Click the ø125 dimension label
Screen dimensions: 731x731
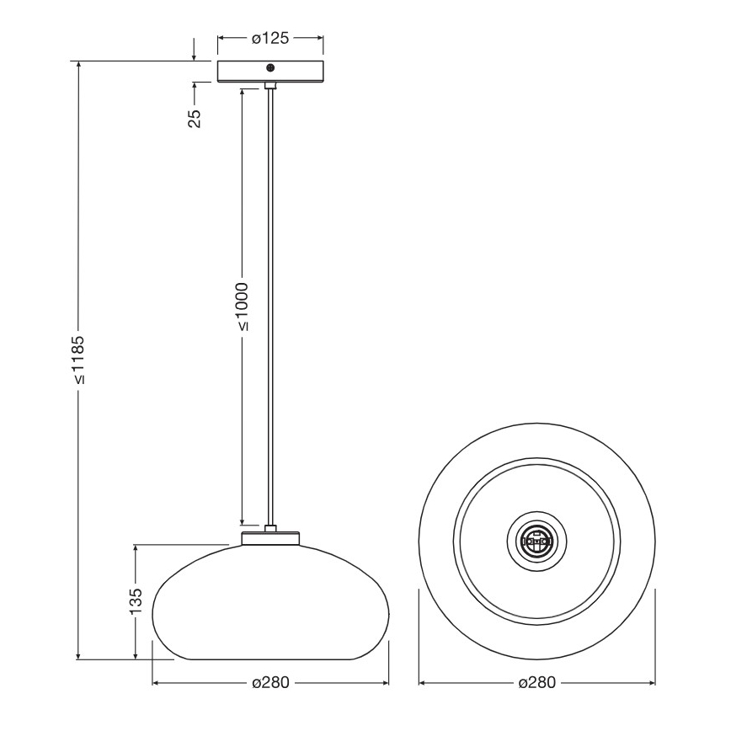tap(270, 38)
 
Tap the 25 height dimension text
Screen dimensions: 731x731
tap(194, 118)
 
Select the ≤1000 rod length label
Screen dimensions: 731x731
tap(243, 306)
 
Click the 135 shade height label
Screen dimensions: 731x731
tap(136, 602)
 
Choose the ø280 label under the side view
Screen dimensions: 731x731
tap(270, 682)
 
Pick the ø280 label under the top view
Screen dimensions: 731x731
tap(536, 682)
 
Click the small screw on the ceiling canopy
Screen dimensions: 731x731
tap(270, 68)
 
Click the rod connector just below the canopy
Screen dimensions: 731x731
tap(270, 86)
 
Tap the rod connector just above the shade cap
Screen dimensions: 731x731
tap(270, 528)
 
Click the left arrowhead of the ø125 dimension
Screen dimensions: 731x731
tap(221, 38)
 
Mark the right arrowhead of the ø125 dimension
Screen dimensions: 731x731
tap(320, 38)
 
